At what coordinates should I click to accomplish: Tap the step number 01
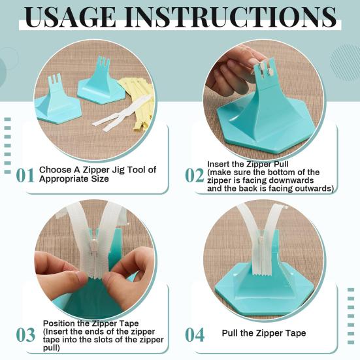[x=25, y=174]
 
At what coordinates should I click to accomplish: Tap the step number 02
[x=194, y=174]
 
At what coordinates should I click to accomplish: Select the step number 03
[x=25, y=335]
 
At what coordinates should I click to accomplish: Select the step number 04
[x=194, y=335]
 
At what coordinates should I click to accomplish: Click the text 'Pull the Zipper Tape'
[x=263, y=333]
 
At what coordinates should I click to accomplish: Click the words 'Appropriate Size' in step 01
[x=74, y=178]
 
